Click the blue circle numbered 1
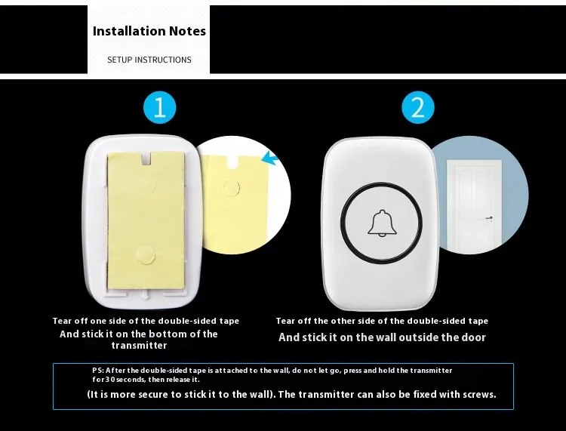point(159,108)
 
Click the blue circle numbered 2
point(418,108)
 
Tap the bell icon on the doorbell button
point(382,223)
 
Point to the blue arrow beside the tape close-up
point(270,158)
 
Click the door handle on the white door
point(489,218)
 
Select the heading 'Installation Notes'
point(149,31)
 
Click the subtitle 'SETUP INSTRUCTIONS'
point(149,60)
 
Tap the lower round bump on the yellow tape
point(146,255)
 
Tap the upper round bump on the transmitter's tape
point(146,186)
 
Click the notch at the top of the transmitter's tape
point(146,158)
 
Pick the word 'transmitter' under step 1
point(140,346)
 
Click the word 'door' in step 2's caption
point(474,337)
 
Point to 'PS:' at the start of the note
point(98,371)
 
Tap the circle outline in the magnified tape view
point(231,188)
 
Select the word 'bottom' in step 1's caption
point(168,334)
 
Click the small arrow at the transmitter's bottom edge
point(145,294)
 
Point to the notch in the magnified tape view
point(233,162)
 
